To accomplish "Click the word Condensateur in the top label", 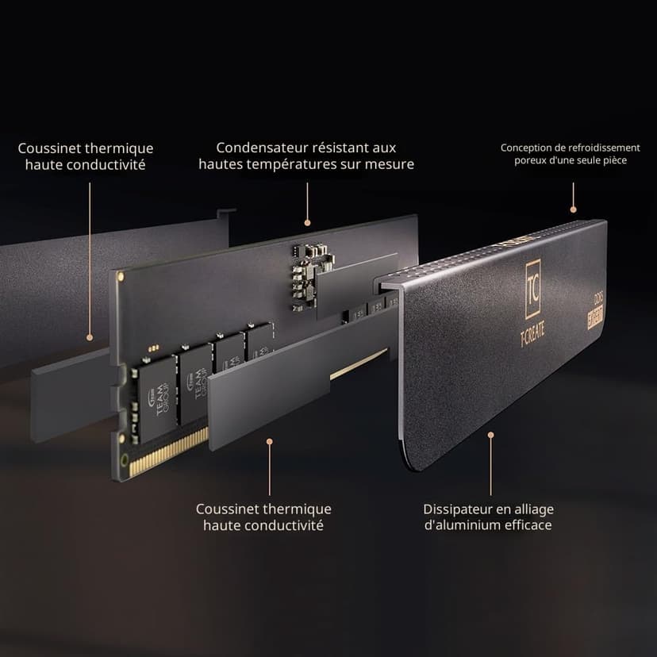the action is click(255, 148).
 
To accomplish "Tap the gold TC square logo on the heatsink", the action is click(533, 289).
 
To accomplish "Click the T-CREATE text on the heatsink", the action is click(532, 336).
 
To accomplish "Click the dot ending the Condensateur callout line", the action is click(307, 223).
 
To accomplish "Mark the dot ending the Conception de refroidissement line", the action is click(573, 209).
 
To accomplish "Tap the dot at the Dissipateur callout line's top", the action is click(490, 436).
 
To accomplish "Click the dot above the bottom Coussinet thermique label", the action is click(270, 442).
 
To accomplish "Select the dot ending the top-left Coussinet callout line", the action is click(89, 337).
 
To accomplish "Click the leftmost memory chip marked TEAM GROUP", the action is click(156, 399).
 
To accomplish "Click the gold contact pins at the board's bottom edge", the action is click(168, 453).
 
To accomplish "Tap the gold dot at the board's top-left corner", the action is click(121, 277).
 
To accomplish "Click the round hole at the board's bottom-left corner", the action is click(124, 461).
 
